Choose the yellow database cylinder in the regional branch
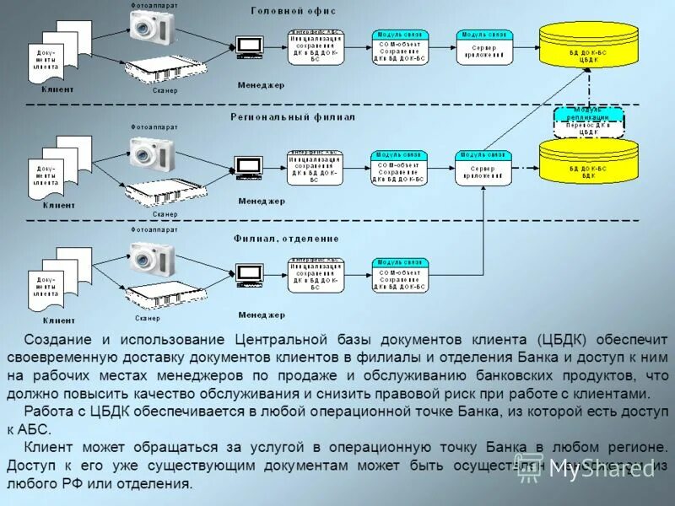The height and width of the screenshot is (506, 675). pyautogui.click(x=589, y=160)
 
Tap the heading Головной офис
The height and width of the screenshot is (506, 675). pyautogui.click(x=293, y=11)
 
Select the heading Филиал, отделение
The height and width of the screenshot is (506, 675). pyautogui.click(x=286, y=238)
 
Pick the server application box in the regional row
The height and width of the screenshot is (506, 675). pyautogui.click(x=484, y=167)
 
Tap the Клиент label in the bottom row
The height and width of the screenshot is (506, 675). pyautogui.click(x=58, y=320)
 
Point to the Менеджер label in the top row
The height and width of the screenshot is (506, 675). pyautogui.click(x=262, y=84)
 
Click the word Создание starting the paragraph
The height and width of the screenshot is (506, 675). pyautogui.click(x=57, y=339)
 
